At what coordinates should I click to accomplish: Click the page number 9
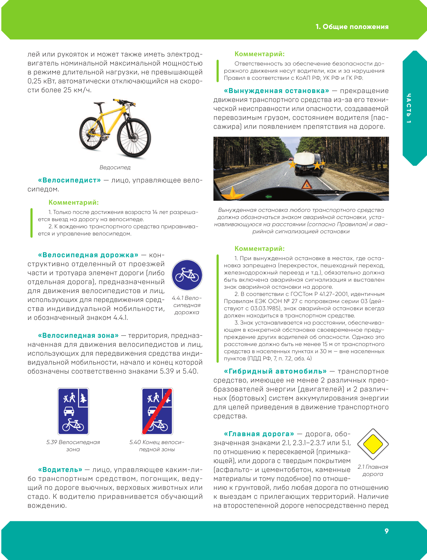coord(386,531)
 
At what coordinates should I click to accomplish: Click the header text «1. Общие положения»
coord(352,27)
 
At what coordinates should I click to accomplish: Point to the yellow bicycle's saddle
coord(100,103)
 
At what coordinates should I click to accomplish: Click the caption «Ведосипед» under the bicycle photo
coord(115,167)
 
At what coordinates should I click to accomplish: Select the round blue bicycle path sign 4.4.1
coord(187,275)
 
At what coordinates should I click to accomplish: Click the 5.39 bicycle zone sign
coord(73,411)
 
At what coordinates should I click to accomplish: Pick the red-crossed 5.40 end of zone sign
coord(157,411)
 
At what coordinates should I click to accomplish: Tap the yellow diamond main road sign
coord(373,444)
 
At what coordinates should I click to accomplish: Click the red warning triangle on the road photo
coord(306,185)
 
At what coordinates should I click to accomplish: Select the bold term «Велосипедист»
coord(69,180)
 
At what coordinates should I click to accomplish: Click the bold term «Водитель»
coord(60,470)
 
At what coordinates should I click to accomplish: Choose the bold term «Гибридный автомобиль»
coord(275,371)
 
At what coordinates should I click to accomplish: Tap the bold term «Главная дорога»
coord(259,434)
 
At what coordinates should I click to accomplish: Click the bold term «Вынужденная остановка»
coord(276,91)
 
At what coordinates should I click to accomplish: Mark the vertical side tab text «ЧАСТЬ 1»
coord(409,108)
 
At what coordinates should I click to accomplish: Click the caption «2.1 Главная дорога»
coord(373,471)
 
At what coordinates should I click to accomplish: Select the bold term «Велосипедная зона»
coord(78,336)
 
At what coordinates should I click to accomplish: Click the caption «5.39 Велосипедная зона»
coord(73,446)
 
